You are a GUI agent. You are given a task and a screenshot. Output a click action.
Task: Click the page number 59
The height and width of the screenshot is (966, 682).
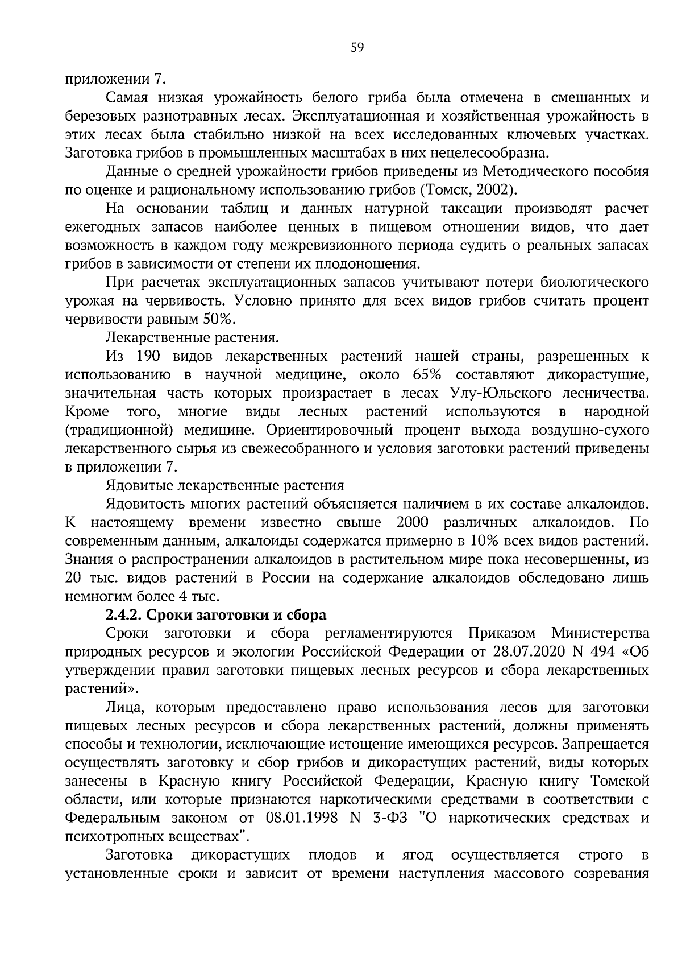click(x=357, y=48)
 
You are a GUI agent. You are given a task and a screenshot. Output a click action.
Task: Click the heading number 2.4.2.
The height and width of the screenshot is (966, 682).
click(x=126, y=615)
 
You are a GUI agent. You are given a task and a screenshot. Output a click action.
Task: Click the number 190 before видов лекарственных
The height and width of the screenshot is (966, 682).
click(x=148, y=356)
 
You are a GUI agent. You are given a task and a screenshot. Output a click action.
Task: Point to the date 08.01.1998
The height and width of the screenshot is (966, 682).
click(x=301, y=819)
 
